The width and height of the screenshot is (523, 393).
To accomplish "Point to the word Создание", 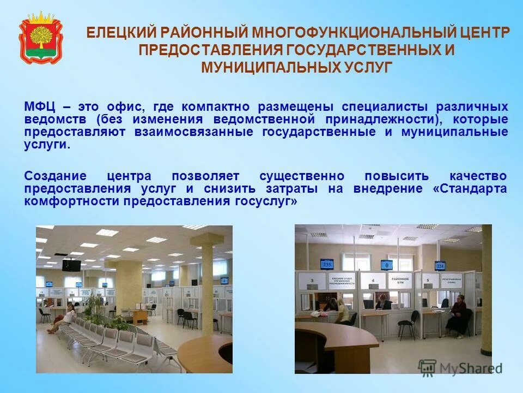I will tap(55, 176).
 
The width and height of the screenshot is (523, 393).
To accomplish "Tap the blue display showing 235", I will tap(327, 264).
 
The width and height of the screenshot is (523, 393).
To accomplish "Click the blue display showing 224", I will tap(440, 266).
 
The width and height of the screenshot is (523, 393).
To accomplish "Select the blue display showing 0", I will tap(386, 265).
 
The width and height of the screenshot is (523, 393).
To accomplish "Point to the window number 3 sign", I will tap(311, 281).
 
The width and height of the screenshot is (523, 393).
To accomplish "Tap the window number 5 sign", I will tap(429, 281).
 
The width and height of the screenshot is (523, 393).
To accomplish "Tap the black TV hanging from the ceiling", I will tap(71, 265).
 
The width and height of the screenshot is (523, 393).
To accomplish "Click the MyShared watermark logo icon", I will tap(428, 367).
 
